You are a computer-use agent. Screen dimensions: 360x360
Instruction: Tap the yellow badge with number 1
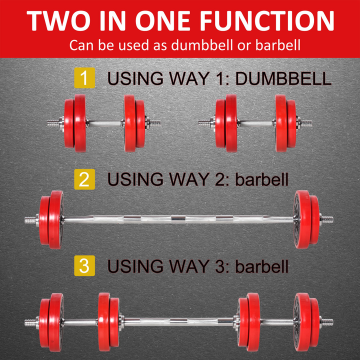84,78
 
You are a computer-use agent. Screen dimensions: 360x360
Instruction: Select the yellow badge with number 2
84,178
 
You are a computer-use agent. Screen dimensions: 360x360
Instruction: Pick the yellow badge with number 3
84,265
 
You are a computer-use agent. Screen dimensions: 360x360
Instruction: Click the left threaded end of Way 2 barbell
30,218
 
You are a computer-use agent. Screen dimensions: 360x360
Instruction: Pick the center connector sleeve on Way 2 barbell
178,218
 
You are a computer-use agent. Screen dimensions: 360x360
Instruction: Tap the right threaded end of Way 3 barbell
327,321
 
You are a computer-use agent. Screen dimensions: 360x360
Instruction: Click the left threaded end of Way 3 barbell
30,321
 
